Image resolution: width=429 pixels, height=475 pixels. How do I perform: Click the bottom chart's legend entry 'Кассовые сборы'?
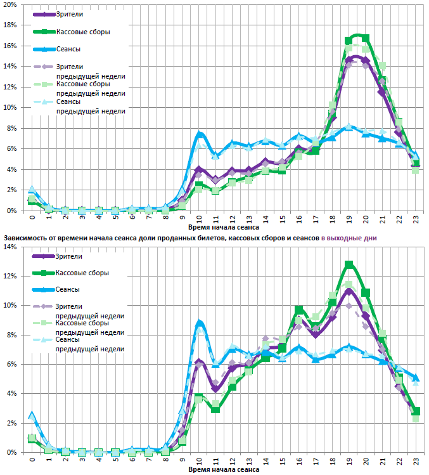tap(82, 273)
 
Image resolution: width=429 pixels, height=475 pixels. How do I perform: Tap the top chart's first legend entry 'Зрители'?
tap(69, 13)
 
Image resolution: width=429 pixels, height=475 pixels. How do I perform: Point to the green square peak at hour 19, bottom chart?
tap(349, 264)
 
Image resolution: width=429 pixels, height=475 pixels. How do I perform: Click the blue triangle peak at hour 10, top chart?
tap(200, 134)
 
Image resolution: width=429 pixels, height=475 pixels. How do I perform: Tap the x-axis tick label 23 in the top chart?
tap(415, 219)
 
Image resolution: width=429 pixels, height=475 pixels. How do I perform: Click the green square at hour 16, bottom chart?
tap(299, 309)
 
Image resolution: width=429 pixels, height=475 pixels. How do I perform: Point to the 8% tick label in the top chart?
tap(11, 128)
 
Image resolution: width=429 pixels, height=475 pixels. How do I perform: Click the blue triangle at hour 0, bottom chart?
tap(32, 415)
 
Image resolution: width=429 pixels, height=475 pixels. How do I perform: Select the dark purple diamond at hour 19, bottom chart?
tap(349, 290)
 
